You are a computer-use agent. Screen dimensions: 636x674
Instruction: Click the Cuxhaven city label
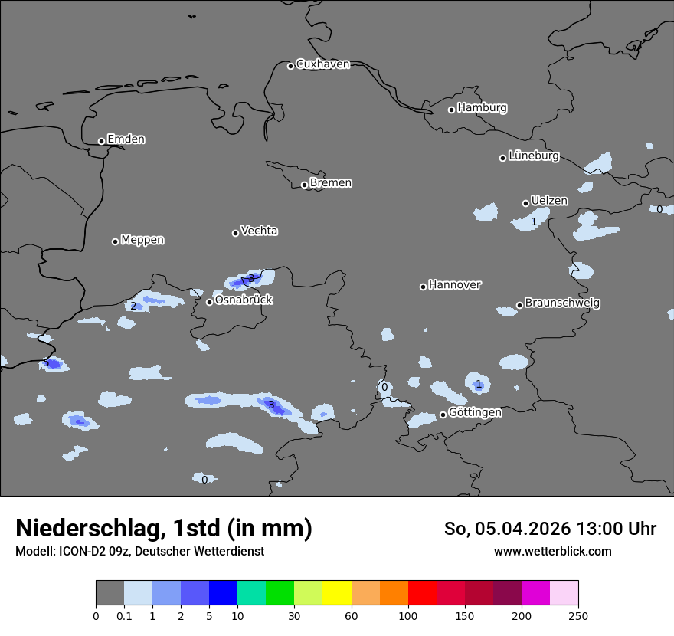click(x=322, y=64)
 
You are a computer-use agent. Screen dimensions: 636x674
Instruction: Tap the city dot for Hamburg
click(x=451, y=110)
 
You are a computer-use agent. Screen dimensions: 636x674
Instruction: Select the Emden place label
click(x=126, y=139)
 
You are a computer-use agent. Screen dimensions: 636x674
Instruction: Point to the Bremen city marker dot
click(x=304, y=185)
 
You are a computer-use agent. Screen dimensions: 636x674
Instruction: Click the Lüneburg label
click(x=533, y=156)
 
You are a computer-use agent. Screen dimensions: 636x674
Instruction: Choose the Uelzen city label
click(x=549, y=201)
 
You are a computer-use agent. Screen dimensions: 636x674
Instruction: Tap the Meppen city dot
click(x=115, y=241)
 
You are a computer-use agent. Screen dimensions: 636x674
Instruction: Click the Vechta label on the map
click(x=259, y=231)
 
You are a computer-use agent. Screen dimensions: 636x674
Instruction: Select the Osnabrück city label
click(x=244, y=300)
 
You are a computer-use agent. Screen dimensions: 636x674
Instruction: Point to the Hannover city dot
click(x=423, y=287)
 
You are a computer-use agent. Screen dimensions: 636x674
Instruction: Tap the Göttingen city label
click(x=475, y=412)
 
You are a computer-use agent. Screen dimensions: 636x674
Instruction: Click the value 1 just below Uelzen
click(x=534, y=222)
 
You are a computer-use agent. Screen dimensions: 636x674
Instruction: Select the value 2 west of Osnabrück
click(x=133, y=307)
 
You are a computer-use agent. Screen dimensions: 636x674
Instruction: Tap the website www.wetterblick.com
click(x=552, y=552)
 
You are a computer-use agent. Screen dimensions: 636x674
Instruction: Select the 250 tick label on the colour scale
click(x=578, y=616)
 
